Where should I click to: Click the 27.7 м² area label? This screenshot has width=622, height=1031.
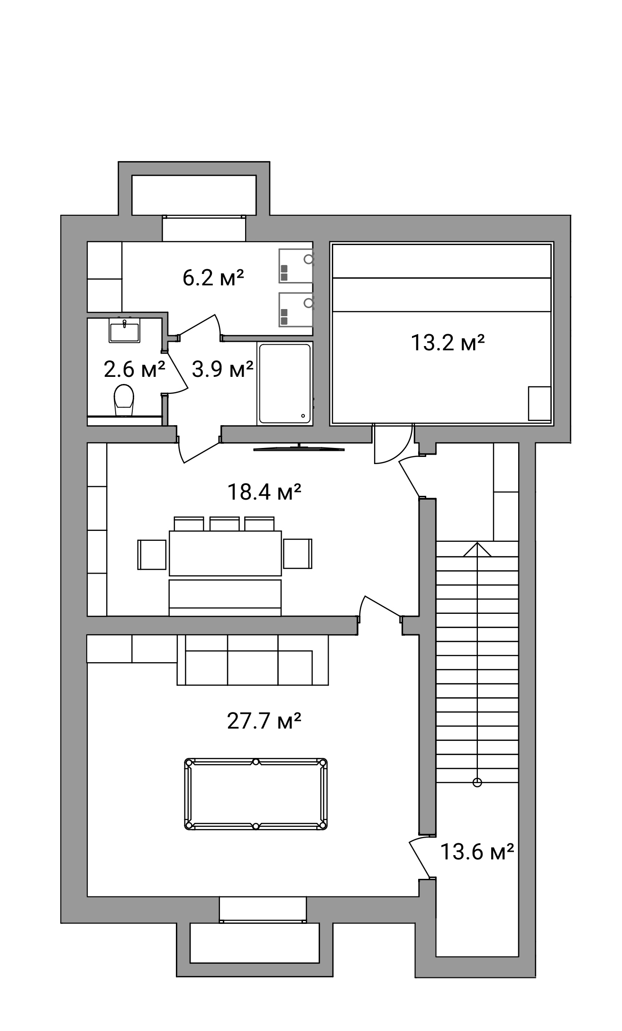(264, 721)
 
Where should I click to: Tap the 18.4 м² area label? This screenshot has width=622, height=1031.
(264, 492)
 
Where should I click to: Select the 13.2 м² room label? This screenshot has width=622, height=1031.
(448, 343)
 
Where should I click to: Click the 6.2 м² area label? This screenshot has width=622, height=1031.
(213, 278)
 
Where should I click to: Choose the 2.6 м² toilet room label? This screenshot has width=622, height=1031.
(134, 369)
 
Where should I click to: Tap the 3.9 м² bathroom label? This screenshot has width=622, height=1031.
(222, 369)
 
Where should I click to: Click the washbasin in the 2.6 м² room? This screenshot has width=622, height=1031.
(125, 330)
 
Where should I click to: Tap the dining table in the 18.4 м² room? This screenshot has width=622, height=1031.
(225, 553)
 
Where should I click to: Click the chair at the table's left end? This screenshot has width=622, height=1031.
(152, 554)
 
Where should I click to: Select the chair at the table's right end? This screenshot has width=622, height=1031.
(298, 553)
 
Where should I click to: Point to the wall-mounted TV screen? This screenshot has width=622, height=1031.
(299, 448)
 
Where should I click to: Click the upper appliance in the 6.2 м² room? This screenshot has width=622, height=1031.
(296, 266)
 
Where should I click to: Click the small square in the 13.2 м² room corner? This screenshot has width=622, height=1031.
(540, 403)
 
